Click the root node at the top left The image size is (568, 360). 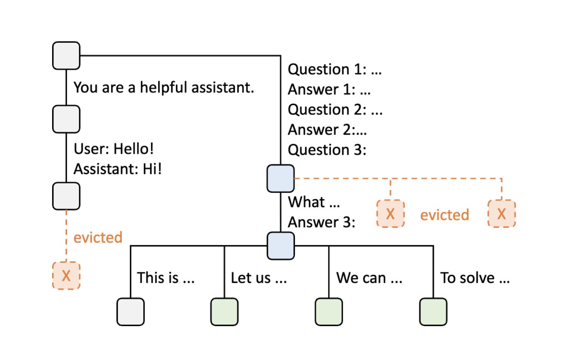click(66, 55)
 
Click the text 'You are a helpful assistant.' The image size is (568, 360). click(164, 88)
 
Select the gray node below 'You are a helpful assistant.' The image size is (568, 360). click(66, 119)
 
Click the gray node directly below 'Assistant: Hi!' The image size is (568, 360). click(66, 196)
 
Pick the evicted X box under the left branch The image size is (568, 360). click(66, 276)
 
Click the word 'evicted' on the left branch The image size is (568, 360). click(98, 238)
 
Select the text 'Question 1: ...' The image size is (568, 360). click(335, 69)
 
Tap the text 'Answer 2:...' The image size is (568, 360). click(327, 130)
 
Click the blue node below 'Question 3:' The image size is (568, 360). click(280, 178)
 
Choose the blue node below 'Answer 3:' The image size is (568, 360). click(280, 246)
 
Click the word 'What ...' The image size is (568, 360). click(314, 202)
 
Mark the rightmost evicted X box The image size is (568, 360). click(502, 214)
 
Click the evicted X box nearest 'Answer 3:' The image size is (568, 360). click(390, 214)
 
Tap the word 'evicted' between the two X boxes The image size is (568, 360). click(444, 215)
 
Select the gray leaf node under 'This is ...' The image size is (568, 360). click(131, 312)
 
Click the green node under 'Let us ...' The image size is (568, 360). click(224, 312)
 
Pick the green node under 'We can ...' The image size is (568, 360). click(329, 312)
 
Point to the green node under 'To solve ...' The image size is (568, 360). click(433, 312)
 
